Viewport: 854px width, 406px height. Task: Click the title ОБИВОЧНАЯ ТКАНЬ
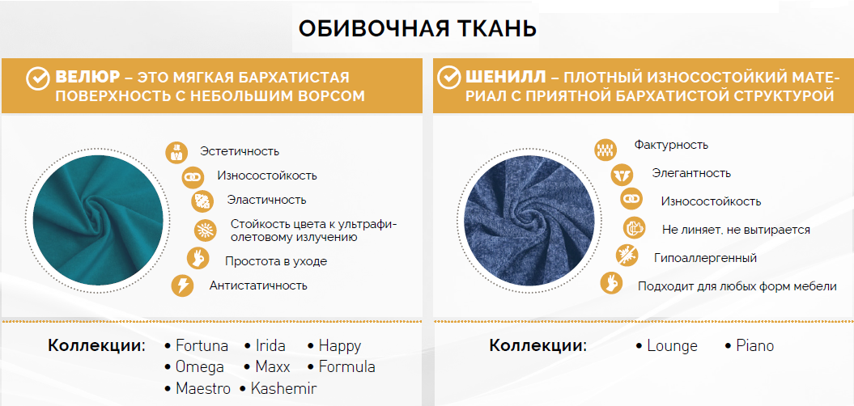[418, 29]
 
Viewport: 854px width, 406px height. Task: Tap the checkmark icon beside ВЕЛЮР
[38, 78]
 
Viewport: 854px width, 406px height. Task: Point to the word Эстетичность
[240, 151]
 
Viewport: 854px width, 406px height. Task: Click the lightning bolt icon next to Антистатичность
[182, 285]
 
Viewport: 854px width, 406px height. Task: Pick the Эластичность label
[267, 200]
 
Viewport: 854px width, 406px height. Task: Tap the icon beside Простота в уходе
[198, 258]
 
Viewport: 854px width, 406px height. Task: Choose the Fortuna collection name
[202, 345]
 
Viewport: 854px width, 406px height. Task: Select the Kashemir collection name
[283, 388]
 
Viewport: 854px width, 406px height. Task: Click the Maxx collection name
[273, 367]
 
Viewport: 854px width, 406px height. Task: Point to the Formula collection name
[347, 367]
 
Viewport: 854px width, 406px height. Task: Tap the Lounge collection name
[672, 345]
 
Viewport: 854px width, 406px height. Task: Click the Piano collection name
[755, 345]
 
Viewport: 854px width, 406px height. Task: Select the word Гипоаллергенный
[705, 258]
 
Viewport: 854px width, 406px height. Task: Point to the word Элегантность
[691, 174]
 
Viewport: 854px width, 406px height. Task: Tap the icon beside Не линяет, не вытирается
[634, 229]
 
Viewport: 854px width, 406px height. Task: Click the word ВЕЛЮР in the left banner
[87, 78]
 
